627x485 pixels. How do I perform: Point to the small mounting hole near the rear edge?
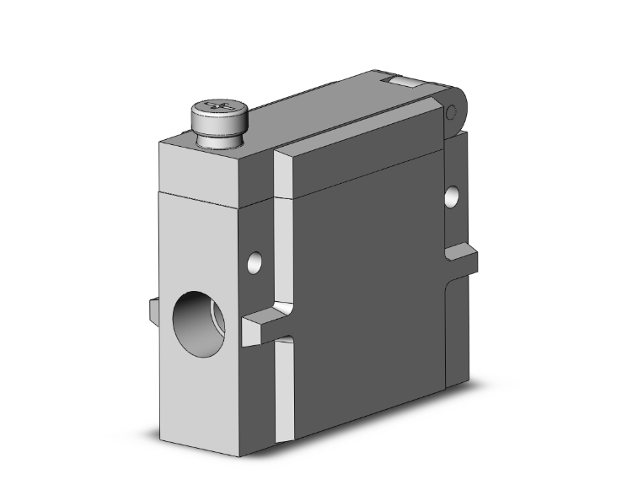[x=453, y=197]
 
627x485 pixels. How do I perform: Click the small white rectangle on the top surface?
[x=401, y=82]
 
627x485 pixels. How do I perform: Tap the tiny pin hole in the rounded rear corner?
[x=450, y=112]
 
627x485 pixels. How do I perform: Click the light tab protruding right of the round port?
[x=263, y=326]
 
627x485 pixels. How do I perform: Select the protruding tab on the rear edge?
[x=464, y=256]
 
